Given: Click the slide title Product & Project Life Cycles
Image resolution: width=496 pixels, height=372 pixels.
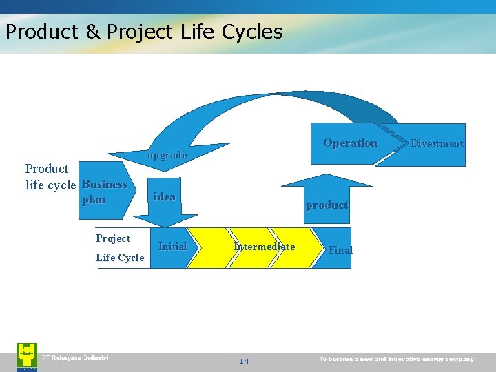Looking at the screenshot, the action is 143,32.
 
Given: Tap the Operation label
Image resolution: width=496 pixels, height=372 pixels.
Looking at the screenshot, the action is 350,143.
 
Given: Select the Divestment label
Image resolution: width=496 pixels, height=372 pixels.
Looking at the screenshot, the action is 437,143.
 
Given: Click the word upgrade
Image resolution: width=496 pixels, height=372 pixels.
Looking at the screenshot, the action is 167,156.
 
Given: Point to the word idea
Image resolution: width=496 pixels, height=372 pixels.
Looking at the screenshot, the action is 165,197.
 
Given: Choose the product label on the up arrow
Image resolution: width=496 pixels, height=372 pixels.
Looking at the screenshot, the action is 327,205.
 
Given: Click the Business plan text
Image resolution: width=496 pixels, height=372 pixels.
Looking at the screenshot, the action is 104,192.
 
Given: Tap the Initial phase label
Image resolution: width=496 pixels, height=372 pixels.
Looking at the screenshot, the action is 172,247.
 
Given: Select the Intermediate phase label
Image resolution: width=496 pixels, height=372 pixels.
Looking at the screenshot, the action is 264,247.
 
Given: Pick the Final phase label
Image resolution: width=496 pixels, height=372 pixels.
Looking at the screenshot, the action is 340,250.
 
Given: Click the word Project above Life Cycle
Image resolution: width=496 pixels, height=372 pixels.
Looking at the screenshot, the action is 113,238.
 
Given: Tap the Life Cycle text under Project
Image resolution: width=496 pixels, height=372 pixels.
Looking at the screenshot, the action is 120,258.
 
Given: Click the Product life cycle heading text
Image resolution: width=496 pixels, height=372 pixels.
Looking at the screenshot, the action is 50,177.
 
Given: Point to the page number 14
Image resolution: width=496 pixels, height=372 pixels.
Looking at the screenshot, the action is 244,361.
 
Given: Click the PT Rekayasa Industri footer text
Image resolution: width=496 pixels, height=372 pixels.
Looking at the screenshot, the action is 75,358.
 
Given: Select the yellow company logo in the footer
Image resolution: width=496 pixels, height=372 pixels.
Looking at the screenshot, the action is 27,356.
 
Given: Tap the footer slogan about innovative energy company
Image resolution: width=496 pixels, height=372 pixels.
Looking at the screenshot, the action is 397,359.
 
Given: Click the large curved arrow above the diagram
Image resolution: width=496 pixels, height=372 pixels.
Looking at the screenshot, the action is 276,103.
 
